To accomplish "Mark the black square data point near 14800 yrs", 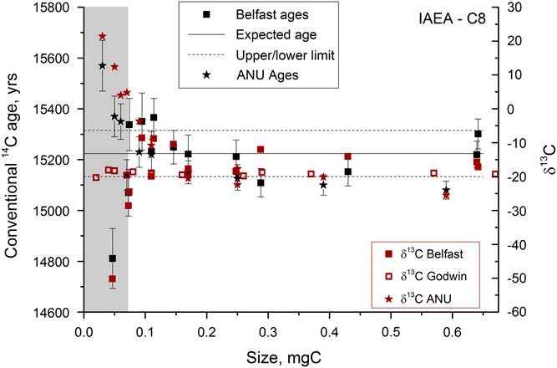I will click(x=112, y=258).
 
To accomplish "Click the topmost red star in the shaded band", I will click(x=102, y=37).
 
